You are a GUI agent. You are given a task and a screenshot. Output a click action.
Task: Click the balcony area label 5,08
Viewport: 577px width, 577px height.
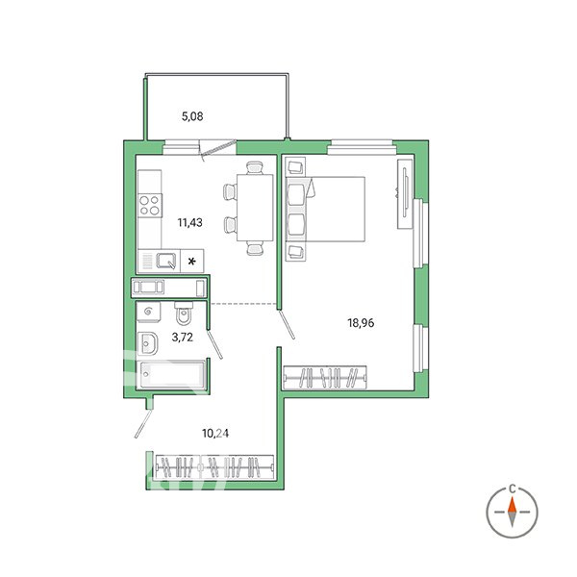(x=192, y=116)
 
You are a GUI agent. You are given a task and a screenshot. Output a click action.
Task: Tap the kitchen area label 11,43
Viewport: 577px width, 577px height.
(x=189, y=223)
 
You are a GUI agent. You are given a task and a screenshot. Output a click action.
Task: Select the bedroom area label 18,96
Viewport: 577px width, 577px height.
(x=361, y=323)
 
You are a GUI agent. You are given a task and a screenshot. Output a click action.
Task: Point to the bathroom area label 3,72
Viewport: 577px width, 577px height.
(x=182, y=338)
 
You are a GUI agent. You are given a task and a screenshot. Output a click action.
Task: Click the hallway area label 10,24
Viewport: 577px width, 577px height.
(x=215, y=434)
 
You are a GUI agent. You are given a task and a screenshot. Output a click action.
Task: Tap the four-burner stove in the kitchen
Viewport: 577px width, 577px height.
(x=150, y=206)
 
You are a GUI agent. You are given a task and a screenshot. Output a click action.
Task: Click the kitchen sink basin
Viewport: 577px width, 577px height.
(x=166, y=261)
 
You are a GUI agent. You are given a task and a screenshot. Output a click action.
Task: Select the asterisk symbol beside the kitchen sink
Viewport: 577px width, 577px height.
(x=191, y=262)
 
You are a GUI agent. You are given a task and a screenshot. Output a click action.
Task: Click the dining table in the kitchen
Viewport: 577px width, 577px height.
(x=255, y=208)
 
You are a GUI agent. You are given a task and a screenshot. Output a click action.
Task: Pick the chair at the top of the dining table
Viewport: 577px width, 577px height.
(x=255, y=167)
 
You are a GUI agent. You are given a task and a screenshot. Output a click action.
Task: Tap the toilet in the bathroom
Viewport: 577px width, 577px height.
(x=184, y=314)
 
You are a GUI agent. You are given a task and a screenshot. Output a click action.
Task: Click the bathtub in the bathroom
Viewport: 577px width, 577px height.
(x=170, y=375)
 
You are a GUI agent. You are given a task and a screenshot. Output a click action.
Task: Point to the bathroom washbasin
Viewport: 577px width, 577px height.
(x=148, y=343)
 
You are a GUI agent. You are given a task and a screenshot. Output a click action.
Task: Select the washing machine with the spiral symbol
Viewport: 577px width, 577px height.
(x=149, y=312)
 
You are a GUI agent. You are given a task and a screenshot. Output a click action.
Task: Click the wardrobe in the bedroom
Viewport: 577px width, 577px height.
(x=325, y=378)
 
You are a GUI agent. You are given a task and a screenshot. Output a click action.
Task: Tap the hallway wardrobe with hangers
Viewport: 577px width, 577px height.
(x=214, y=467)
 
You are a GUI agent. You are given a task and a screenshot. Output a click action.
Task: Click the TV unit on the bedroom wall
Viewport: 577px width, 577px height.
(x=406, y=193)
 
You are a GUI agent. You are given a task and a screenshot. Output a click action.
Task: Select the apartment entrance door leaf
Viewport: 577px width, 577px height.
(x=143, y=424)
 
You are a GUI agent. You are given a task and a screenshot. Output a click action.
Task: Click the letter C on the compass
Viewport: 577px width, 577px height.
(x=512, y=489)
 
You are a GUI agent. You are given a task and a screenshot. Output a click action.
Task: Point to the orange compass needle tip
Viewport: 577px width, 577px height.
(x=512, y=498)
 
